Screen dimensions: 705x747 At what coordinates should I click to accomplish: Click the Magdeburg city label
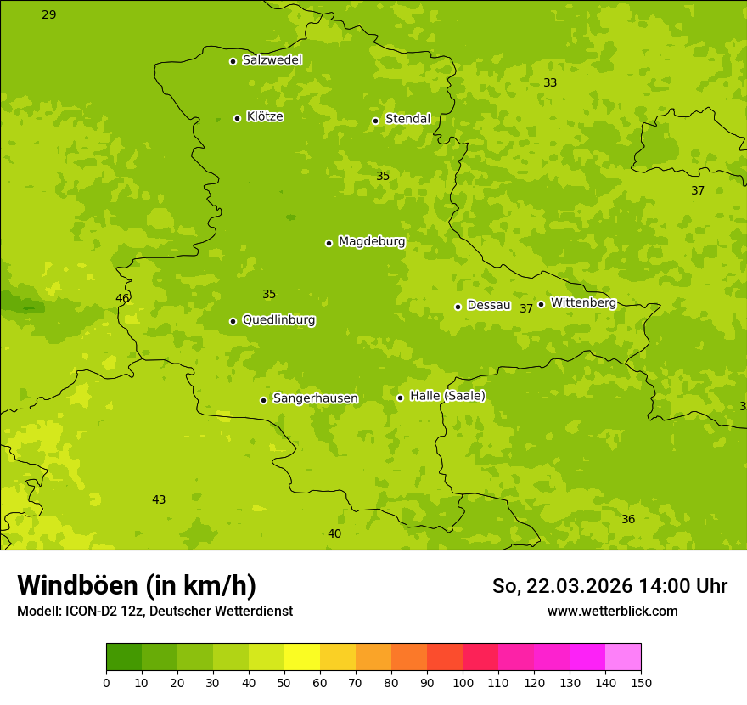click(x=372, y=242)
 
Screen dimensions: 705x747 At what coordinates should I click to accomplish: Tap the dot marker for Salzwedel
click(x=233, y=61)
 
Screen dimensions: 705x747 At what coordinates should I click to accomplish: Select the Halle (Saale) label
click(x=447, y=396)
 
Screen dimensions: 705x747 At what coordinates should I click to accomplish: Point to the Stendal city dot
click(x=375, y=121)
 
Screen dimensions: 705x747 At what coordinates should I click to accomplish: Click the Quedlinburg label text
click(x=278, y=320)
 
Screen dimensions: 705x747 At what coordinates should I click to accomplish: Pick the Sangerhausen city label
click(x=315, y=398)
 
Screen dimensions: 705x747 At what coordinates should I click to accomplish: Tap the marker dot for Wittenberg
click(x=541, y=304)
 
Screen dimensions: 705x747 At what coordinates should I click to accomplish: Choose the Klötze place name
click(x=265, y=117)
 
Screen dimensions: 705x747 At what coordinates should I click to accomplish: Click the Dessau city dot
click(x=458, y=307)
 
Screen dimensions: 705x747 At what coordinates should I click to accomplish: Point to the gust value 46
click(x=123, y=298)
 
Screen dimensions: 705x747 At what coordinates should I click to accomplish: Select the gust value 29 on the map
click(x=49, y=14)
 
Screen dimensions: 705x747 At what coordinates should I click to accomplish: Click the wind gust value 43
click(x=159, y=499)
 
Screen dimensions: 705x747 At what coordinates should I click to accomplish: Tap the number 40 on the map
click(x=334, y=533)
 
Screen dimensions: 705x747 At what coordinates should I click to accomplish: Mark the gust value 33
click(x=550, y=82)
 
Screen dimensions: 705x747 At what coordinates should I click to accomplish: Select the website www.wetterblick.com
click(x=612, y=611)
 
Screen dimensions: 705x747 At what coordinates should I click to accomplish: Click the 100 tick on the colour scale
click(x=463, y=682)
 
